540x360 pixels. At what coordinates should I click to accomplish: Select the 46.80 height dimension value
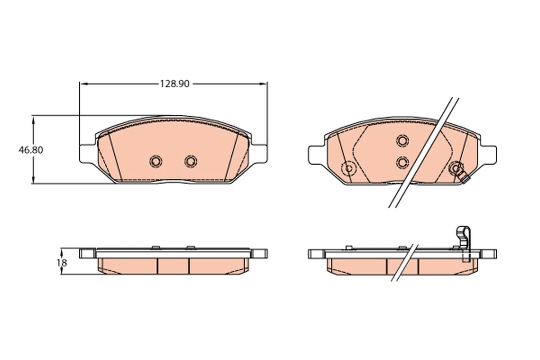click(x=31, y=150)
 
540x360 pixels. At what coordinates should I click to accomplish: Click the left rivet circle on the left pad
click(x=156, y=161)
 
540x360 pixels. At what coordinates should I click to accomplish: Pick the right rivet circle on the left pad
click(x=191, y=161)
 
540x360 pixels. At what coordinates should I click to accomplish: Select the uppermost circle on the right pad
click(x=402, y=140)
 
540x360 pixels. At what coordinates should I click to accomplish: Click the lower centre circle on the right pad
click(x=402, y=162)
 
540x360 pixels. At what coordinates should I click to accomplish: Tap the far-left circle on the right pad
click(x=348, y=169)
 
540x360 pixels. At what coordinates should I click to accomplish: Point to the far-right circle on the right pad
click(x=456, y=168)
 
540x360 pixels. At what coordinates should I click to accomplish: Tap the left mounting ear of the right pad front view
click(x=316, y=153)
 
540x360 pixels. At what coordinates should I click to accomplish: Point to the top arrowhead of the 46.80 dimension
click(x=33, y=118)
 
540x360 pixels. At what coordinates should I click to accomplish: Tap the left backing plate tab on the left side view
click(x=87, y=253)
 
